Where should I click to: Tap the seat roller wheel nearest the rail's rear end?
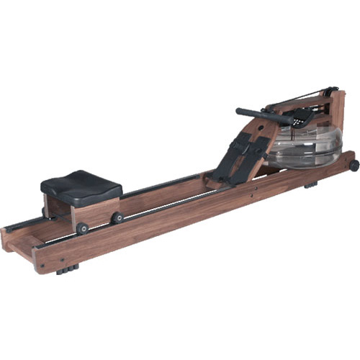[x=83, y=228]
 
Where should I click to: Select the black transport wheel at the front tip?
[x=354, y=165]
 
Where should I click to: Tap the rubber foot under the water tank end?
[x=310, y=185]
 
